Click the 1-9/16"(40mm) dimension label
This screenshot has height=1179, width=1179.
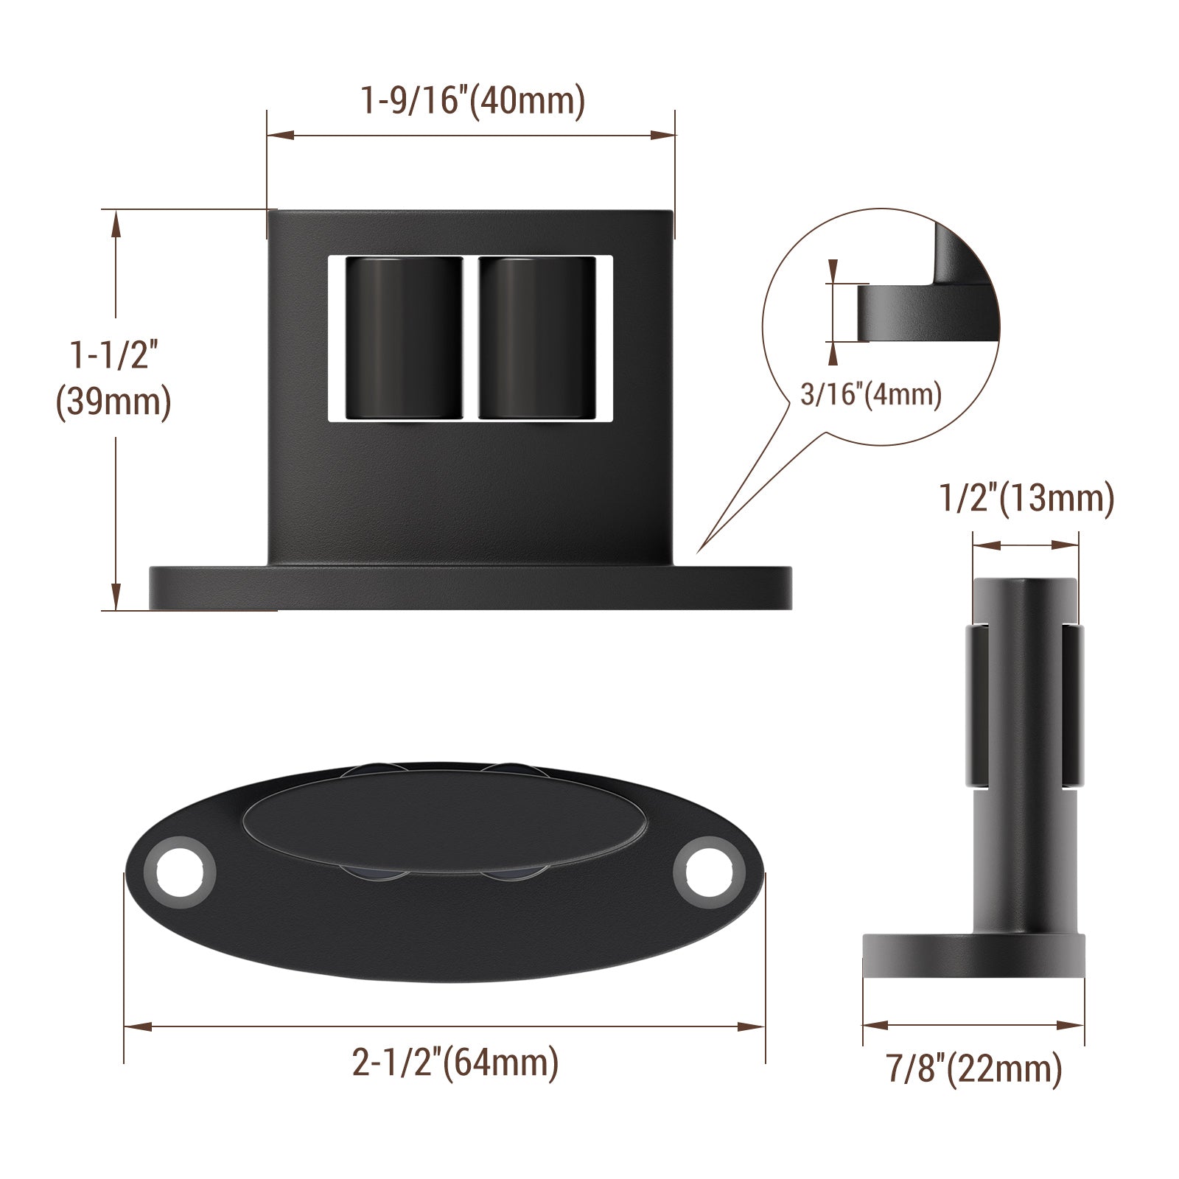click(472, 101)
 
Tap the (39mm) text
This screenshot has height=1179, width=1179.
click(114, 404)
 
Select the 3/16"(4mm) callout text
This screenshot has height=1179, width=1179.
click(871, 395)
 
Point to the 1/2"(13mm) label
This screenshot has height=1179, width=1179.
click(1026, 499)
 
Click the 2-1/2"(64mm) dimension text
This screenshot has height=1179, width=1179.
click(455, 1063)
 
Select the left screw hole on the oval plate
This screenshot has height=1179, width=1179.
click(181, 873)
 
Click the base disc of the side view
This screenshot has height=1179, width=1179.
click(973, 956)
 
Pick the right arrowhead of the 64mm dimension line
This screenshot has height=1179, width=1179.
click(755, 1026)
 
